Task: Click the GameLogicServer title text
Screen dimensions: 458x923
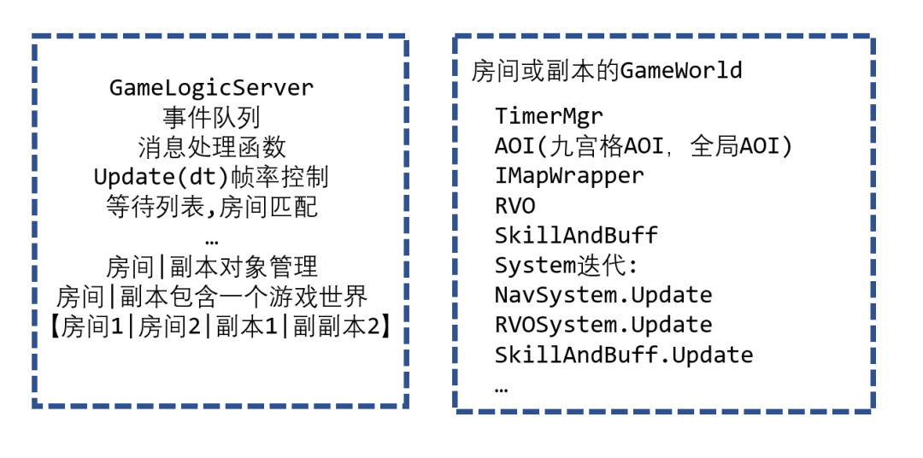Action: [x=212, y=88]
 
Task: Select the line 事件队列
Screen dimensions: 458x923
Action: [x=211, y=117]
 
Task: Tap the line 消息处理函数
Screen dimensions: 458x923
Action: [x=211, y=147]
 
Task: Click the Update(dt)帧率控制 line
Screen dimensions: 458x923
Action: [x=211, y=177]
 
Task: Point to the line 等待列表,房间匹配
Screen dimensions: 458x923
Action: [x=211, y=207]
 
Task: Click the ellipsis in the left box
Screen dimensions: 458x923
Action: [x=212, y=240]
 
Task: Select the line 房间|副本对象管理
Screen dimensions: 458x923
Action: [x=211, y=267]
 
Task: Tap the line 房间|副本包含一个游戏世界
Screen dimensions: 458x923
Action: [x=211, y=297]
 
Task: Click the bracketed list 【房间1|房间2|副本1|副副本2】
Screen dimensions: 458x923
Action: [x=220, y=326]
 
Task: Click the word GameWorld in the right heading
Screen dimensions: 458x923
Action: [x=681, y=70]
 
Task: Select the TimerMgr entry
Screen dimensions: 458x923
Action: [x=549, y=116]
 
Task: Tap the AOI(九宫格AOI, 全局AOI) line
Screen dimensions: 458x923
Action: [x=644, y=146]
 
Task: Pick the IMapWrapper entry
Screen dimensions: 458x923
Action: [x=569, y=176]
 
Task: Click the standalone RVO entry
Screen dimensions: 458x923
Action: [x=515, y=206]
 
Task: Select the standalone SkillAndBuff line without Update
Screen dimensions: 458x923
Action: [x=576, y=236]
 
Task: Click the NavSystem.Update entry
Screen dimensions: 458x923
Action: [x=603, y=296]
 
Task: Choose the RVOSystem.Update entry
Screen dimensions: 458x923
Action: [x=603, y=326]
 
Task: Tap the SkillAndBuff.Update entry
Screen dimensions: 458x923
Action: [x=624, y=355]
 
